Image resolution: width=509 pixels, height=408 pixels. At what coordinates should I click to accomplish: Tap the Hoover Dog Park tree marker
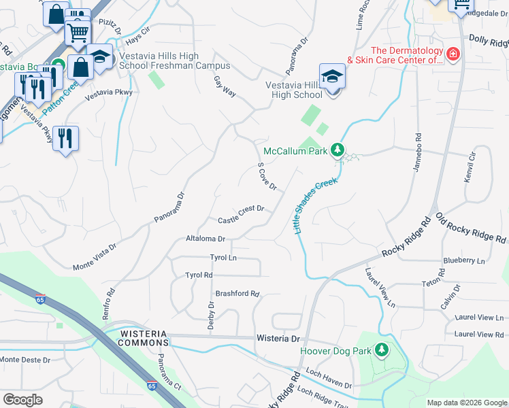(x=382, y=350)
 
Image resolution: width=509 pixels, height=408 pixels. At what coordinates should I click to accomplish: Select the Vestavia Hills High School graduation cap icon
(x=332, y=76)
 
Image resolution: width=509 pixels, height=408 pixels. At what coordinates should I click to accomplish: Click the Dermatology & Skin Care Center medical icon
(x=452, y=54)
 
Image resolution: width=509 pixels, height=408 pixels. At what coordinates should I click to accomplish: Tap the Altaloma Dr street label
(x=205, y=239)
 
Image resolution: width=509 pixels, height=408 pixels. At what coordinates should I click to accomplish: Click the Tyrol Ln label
(x=223, y=258)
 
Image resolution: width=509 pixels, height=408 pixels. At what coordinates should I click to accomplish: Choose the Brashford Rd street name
(x=237, y=294)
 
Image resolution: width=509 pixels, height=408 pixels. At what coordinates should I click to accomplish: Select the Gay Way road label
(x=225, y=86)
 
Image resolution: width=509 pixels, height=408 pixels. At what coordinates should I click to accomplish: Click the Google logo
(x=22, y=399)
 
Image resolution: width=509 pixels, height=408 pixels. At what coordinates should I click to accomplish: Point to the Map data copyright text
(x=466, y=403)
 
